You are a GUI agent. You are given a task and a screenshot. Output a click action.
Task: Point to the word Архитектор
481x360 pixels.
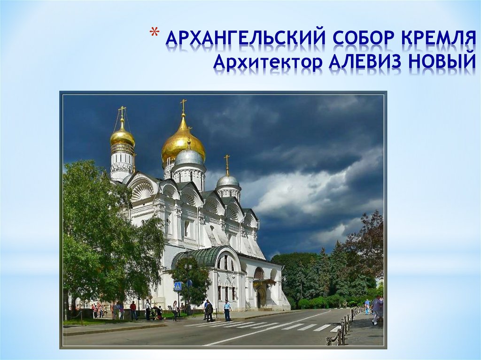click(x=267, y=61)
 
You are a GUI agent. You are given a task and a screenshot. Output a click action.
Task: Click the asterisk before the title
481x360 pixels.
click(x=154, y=34)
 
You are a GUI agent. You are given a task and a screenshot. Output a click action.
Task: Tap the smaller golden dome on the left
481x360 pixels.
click(x=122, y=137)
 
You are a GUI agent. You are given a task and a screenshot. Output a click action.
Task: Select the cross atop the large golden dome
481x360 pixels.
click(x=183, y=105)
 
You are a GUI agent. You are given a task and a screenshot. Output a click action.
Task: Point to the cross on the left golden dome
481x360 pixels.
click(x=122, y=112)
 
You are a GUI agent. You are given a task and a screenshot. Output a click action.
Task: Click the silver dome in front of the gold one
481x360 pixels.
click(x=189, y=157)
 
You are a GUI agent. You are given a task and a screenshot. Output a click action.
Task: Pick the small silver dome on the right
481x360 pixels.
click(x=228, y=180)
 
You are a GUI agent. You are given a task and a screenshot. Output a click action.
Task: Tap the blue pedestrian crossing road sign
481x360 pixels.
click(x=178, y=286)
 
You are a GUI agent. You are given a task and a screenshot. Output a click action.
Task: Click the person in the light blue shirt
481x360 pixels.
click(x=227, y=310)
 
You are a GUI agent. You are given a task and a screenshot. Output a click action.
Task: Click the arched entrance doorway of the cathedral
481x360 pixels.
click(x=259, y=298)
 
